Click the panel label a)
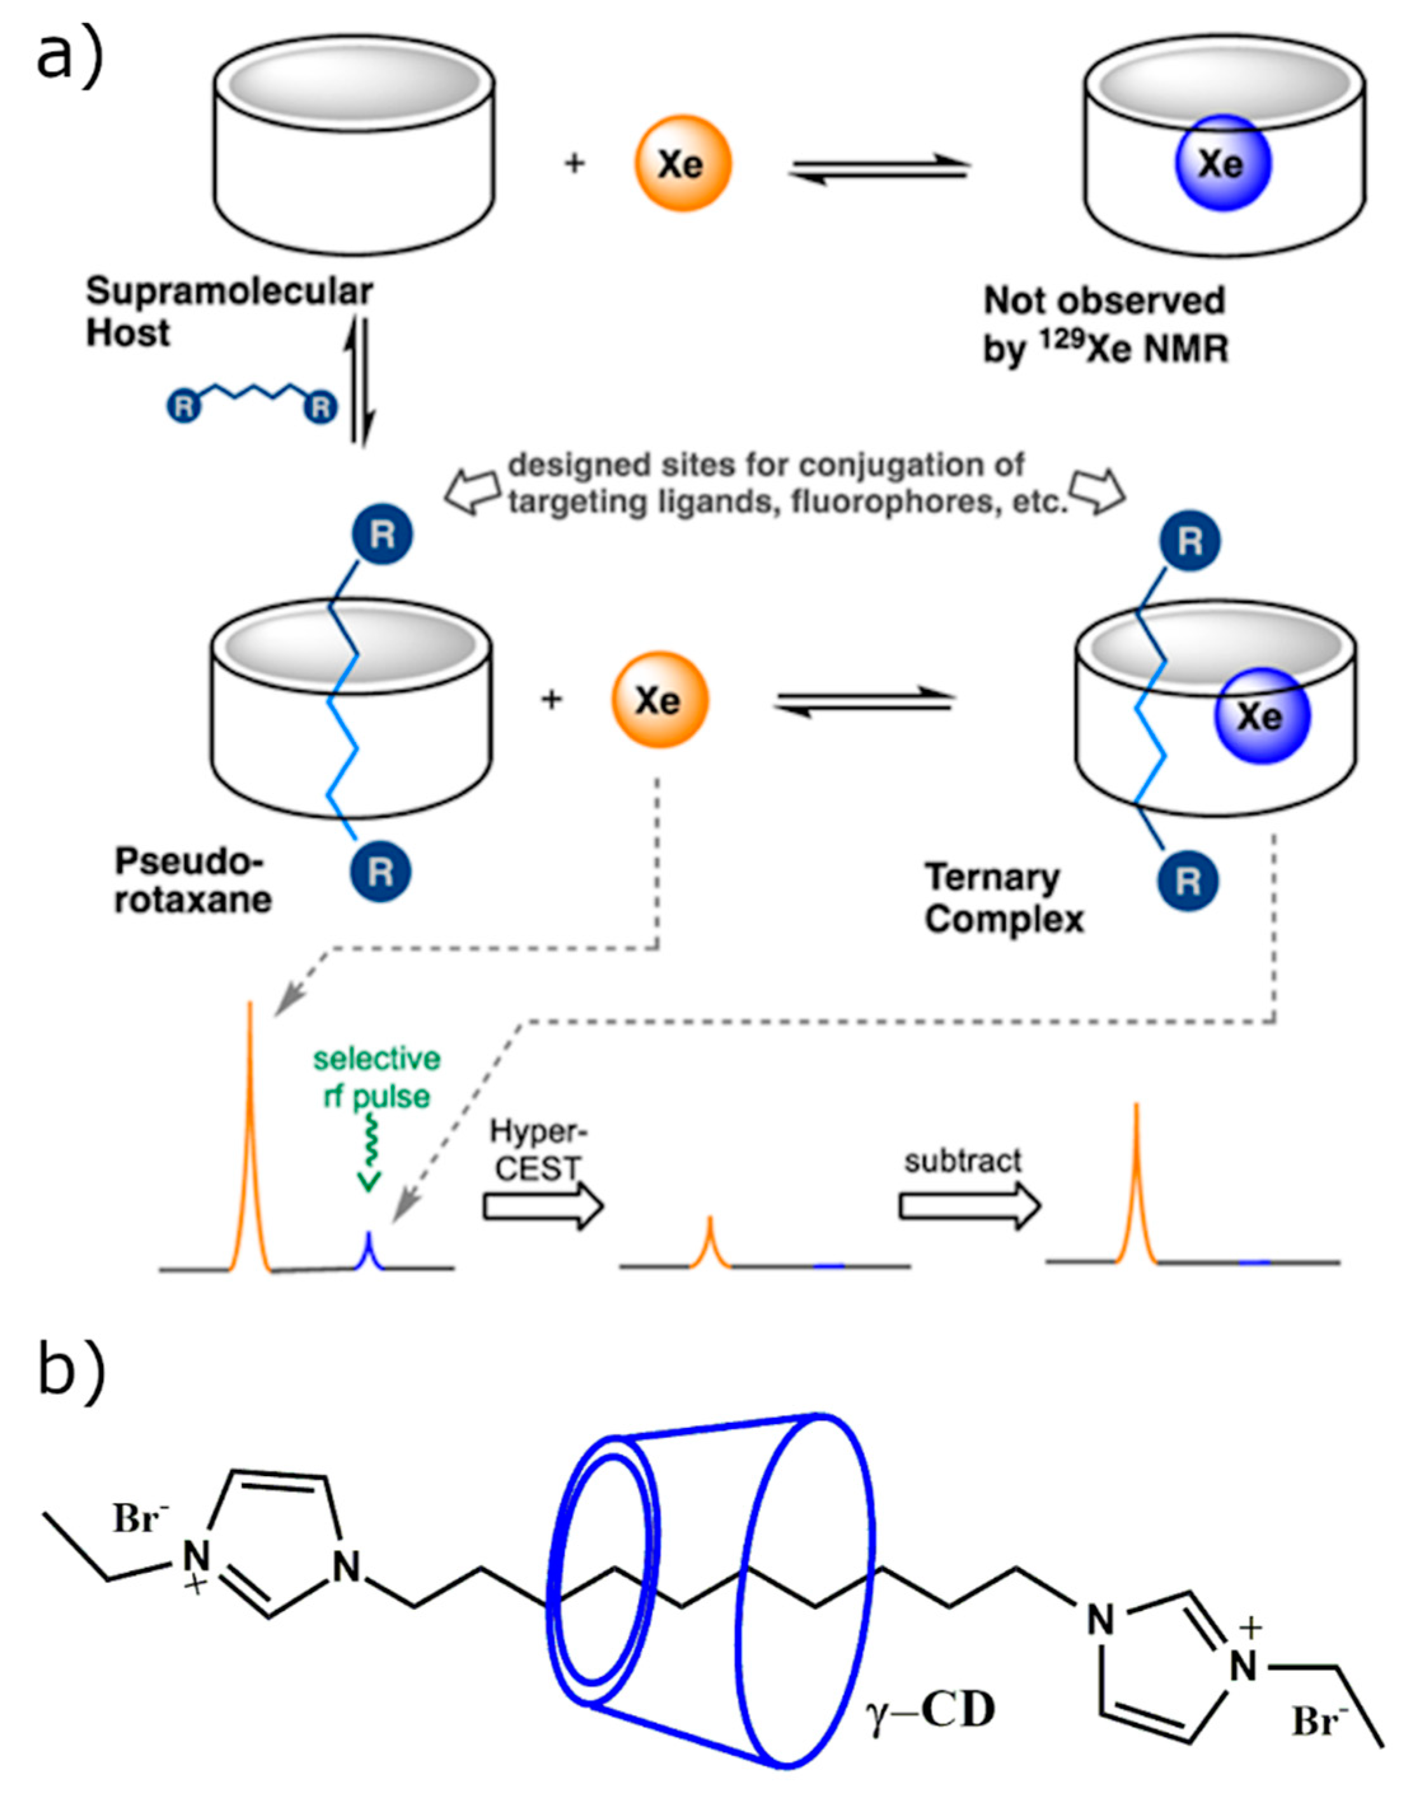click(70, 55)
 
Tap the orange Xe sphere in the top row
click(683, 164)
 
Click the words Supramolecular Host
click(229, 312)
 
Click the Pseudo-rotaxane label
click(193, 880)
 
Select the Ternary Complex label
click(1004, 898)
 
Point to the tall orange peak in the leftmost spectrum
click(249, 1148)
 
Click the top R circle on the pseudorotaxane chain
click(381, 535)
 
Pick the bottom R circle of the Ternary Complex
click(1188, 881)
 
